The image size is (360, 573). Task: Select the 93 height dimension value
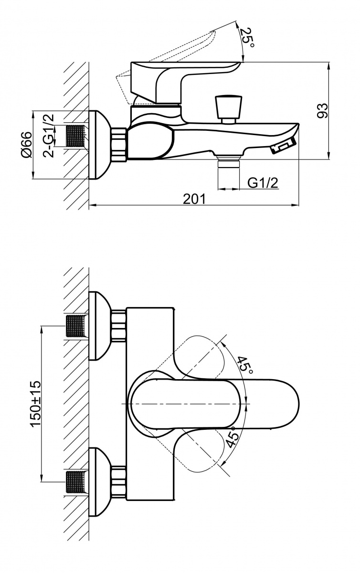point(322,110)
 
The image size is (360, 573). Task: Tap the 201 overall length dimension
point(194,199)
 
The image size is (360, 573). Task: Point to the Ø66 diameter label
point(27,145)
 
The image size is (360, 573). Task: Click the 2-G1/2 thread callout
point(49,135)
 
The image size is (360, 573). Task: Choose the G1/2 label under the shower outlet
point(263,183)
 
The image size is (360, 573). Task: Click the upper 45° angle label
point(245,364)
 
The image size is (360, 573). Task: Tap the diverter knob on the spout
point(229,110)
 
